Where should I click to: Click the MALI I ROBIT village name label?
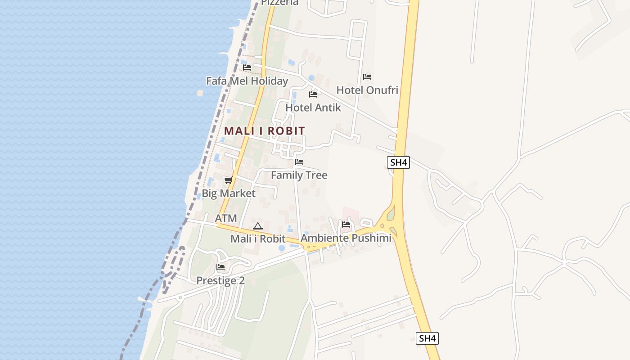[x=265, y=131]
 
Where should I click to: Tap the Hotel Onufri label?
[x=367, y=90]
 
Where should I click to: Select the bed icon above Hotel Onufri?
[x=367, y=77]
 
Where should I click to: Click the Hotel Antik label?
[x=313, y=108]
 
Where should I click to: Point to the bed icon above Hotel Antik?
[x=313, y=94]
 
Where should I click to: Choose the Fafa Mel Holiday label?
[x=247, y=81]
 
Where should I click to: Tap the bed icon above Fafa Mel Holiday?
[x=247, y=67]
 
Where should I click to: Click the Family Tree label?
[x=299, y=175]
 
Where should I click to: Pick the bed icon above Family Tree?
[x=299, y=162]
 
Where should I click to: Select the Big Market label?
[x=229, y=193]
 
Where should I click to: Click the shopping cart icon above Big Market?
[x=228, y=180]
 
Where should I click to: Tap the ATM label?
[x=226, y=218]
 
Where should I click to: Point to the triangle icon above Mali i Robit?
[x=258, y=226]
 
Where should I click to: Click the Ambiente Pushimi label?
[x=346, y=238]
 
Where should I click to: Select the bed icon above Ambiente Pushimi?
[x=346, y=224]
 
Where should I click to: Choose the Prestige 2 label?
[x=220, y=281]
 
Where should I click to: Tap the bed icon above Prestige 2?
[x=220, y=267]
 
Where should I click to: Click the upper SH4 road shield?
[x=399, y=162]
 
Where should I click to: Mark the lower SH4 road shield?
[x=427, y=338]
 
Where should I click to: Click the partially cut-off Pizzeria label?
[x=280, y=2]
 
